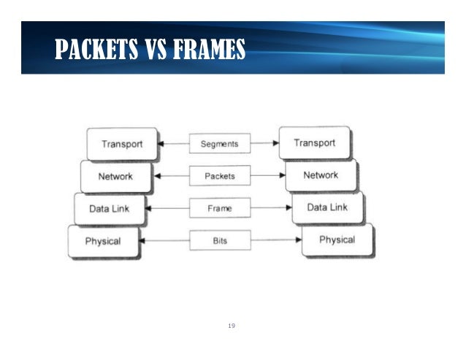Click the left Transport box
pos(122,144)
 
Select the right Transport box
pos(314,143)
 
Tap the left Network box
pos(116,176)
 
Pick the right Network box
pos(321,175)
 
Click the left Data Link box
pos(110,208)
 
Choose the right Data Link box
pos(326,207)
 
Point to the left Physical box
pos(103,241)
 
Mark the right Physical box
pos(337,240)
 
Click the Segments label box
pos(219,143)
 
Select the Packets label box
pos(219,176)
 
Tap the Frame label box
pos(219,208)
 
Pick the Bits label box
pos(219,240)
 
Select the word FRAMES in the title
pos(205,50)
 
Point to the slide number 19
pos(232,324)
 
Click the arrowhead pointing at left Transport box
pos(162,144)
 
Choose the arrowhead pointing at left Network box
pos(156,176)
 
